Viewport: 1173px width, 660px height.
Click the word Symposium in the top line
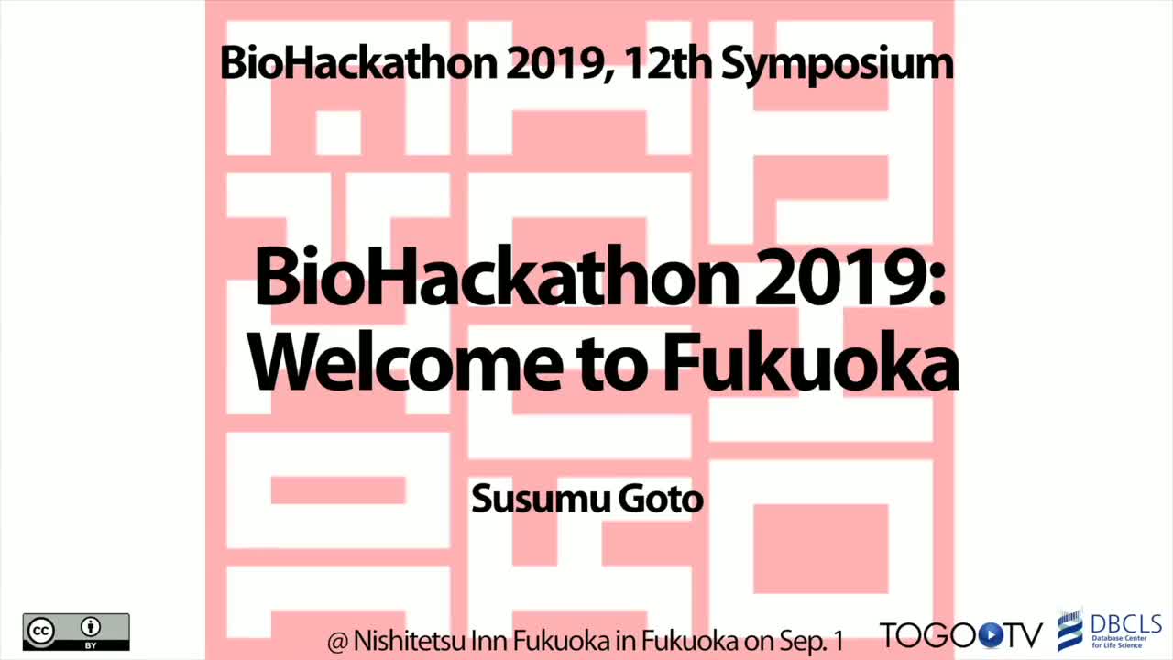pyautogui.click(x=838, y=65)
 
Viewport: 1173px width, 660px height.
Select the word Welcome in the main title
pyautogui.click(x=405, y=362)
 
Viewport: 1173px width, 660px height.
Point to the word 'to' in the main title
pyautogui.click(x=611, y=366)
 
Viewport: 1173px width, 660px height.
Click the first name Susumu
pyautogui.click(x=539, y=499)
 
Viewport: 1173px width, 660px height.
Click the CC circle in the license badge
pyautogui.click(x=41, y=632)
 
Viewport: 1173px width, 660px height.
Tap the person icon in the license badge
pyautogui.click(x=91, y=626)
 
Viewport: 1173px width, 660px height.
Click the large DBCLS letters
pyautogui.click(x=1126, y=624)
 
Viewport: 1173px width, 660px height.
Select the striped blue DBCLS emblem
pyautogui.click(x=1069, y=630)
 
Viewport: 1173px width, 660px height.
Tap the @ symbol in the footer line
pyautogui.click(x=338, y=643)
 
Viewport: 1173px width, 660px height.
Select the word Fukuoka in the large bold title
pyautogui.click(x=811, y=362)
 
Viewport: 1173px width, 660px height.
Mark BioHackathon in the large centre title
pyautogui.click(x=497, y=277)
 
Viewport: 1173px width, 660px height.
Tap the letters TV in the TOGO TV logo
pyautogui.click(x=1024, y=636)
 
